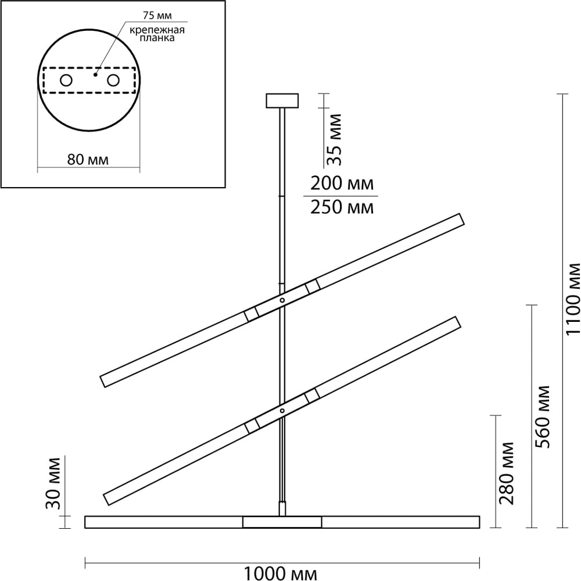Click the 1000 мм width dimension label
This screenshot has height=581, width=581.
click(x=281, y=573)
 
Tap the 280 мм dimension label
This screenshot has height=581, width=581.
click(x=507, y=473)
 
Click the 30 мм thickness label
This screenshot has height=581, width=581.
click(x=53, y=483)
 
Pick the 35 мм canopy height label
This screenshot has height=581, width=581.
click(x=335, y=139)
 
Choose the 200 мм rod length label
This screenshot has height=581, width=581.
click(x=342, y=184)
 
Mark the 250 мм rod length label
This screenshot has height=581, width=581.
click(x=342, y=207)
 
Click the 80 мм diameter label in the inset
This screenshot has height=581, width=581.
click(x=88, y=160)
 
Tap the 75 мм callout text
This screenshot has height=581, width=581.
click(x=157, y=16)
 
